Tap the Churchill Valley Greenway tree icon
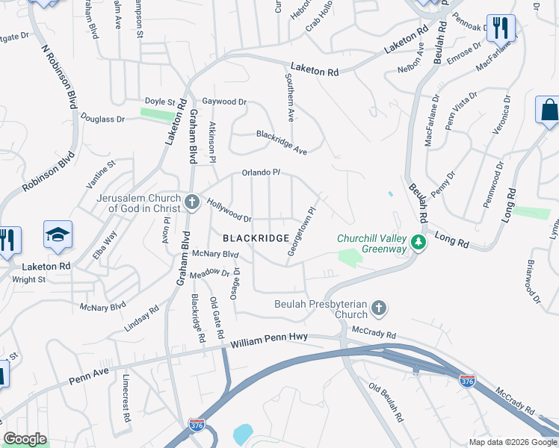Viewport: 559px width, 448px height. [x=419, y=243]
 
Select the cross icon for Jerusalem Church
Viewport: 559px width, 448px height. [x=191, y=202]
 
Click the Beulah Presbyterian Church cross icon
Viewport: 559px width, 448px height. [x=379, y=308]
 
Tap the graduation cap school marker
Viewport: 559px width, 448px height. [x=58, y=235]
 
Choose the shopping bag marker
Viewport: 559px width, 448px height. [x=549, y=111]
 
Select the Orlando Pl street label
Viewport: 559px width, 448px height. [x=260, y=172]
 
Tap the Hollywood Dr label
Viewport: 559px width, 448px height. [x=229, y=210]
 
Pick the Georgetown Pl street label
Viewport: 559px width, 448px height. [x=301, y=232]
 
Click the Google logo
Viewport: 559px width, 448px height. [x=25, y=439]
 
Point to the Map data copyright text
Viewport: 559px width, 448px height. [x=513, y=442]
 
